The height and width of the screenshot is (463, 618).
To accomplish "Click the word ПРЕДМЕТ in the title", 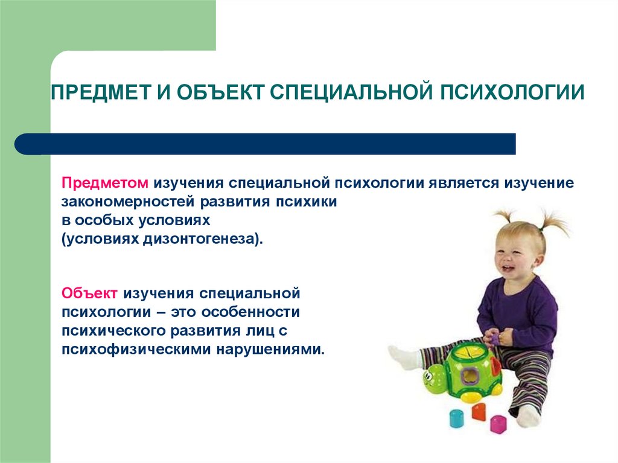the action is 101,92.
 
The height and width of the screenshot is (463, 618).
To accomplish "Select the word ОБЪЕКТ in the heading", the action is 220,92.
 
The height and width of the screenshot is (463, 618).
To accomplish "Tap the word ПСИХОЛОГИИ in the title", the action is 512,92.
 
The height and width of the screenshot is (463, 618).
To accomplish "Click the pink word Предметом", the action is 105,183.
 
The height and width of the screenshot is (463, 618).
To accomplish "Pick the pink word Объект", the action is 89,293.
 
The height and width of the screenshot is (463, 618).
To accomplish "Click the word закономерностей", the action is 128,202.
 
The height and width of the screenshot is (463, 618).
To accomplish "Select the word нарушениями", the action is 270,350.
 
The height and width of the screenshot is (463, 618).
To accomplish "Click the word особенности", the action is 250,312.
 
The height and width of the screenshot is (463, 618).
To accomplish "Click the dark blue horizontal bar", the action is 265,144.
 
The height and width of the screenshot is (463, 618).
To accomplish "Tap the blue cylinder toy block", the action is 457,418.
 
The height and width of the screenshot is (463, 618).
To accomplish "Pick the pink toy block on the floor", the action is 498,424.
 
